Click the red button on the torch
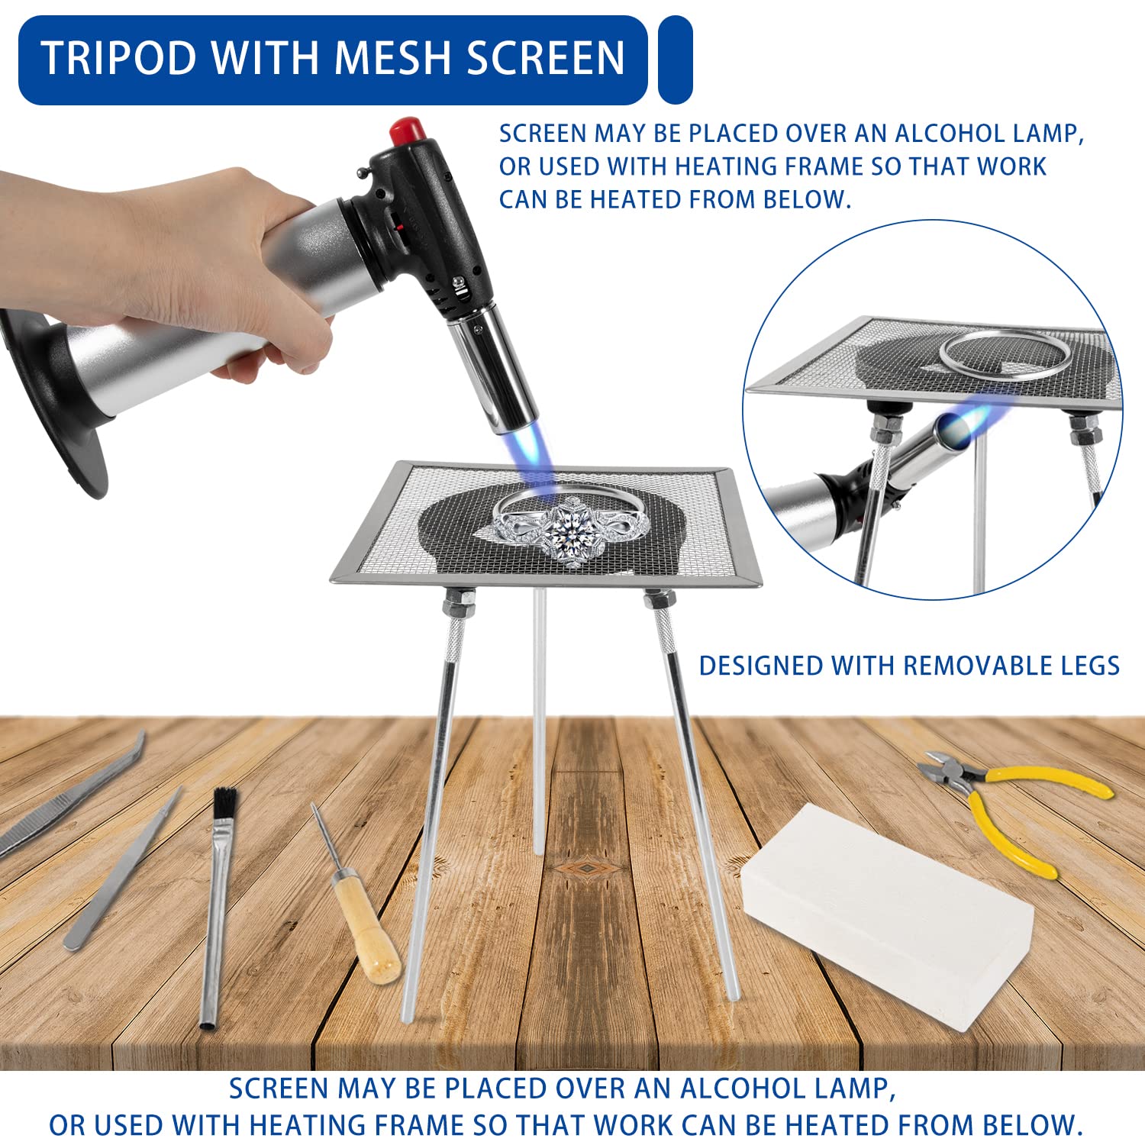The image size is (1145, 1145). [407, 131]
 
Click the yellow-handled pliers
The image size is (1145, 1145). [1015, 809]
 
